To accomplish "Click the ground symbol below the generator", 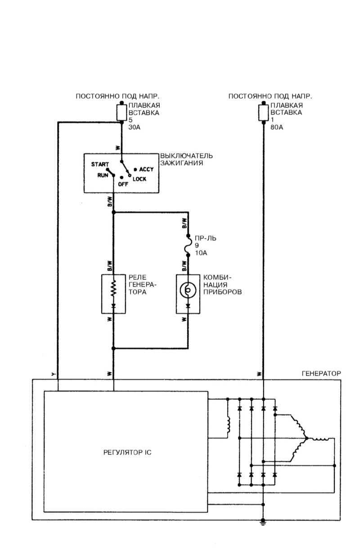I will tap(263, 522).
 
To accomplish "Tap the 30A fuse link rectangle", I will tap(121, 112).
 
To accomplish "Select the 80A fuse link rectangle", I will tap(264, 112).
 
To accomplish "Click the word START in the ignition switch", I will tap(99, 165).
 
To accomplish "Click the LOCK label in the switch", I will tap(139, 179).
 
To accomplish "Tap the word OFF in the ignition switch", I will tap(123, 184).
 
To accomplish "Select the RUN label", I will tap(103, 175).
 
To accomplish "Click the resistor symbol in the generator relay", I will tap(113, 288).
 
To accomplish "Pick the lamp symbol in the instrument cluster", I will tap(188, 291).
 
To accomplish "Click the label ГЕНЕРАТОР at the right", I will tap(321, 373).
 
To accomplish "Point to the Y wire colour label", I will tap(54, 374).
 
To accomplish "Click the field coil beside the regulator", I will tap(228, 424).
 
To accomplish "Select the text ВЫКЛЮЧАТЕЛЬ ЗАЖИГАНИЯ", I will tap(186, 159).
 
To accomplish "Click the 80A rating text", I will tap(277, 127).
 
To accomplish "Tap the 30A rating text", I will tap(135, 127).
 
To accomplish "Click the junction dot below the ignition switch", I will tap(113, 212).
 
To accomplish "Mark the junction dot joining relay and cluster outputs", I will tap(113, 348).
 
